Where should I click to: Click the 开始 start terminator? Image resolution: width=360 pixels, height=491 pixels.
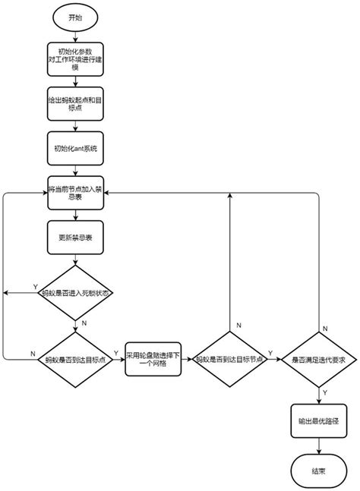click(75, 17)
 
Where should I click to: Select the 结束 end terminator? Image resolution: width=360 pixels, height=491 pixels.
click(318, 471)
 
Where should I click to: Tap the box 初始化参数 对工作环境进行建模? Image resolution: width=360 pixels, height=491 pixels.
click(75, 59)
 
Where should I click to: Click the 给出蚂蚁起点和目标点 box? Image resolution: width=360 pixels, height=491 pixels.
click(75, 104)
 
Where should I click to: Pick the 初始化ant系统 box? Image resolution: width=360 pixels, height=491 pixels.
click(75, 149)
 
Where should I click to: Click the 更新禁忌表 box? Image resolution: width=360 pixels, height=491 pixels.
click(75, 238)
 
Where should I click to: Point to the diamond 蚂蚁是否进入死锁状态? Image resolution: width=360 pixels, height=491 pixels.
click(75, 293)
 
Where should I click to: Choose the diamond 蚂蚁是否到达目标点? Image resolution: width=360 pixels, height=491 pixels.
click(75, 360)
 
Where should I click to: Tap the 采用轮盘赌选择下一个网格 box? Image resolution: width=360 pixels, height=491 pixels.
click(156, 360)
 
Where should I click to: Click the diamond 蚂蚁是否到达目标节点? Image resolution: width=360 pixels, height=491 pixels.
click(229, 360)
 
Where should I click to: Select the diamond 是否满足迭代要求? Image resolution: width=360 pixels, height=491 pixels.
click(318, 360)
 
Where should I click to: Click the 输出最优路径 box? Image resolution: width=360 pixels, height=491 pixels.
click(318, 419)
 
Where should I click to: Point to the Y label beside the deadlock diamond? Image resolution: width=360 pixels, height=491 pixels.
click(35, 286)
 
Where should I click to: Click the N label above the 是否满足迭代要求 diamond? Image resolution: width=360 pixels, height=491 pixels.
click(325, 327)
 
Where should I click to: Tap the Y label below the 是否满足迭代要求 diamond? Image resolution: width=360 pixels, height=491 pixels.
click(325, 392)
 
